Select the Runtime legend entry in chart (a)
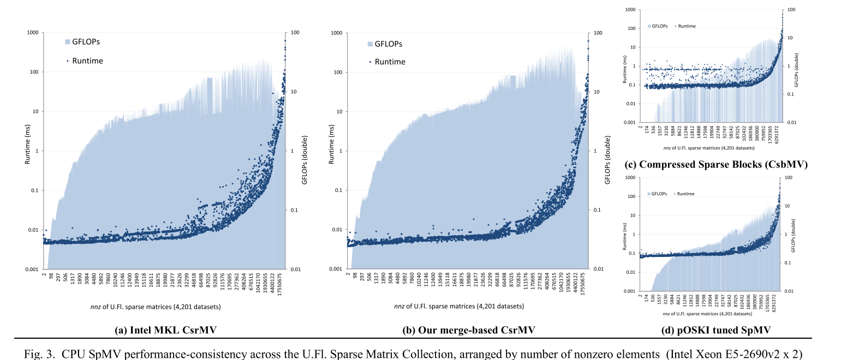(x=84, y=61)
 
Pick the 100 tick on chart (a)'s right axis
(x=295, y=33)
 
